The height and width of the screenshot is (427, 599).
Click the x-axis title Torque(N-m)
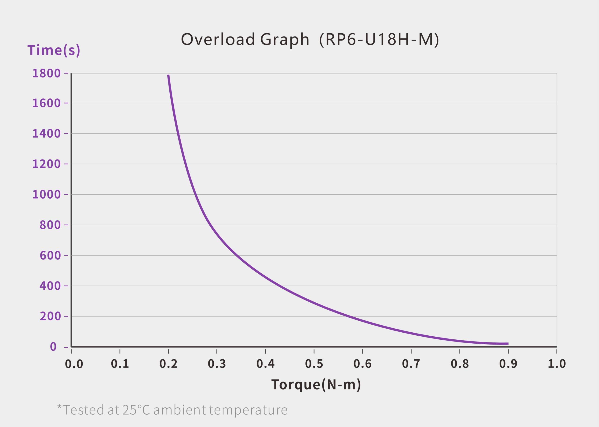(x=316, y=385)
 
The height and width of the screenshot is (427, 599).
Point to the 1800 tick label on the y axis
(x=47, y=73)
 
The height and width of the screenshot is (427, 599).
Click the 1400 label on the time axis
(x=47, y=134)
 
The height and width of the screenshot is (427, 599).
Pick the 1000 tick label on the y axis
(x=47, y=195)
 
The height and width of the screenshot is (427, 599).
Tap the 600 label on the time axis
(x=50, y=255)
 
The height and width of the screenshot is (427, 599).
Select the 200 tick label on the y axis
(x=50, y=316)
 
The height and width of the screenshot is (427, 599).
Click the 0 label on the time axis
(x=53, y=347)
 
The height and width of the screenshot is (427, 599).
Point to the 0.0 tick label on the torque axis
(x=74, y=364)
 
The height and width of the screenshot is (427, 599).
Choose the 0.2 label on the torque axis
(x=168, y=364)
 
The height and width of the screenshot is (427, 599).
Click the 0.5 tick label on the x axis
(x=314, y=364)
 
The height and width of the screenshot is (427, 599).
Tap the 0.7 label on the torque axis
(x=411, y=364)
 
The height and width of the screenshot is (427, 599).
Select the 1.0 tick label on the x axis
(x=557, y=364)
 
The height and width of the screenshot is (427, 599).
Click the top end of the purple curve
(x=168, y=75)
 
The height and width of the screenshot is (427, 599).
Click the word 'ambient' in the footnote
(x=180, y=410)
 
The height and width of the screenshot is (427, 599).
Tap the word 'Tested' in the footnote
(x=84, y=410)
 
